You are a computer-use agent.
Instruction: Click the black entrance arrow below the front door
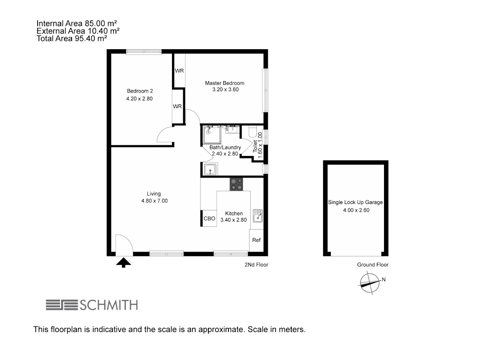[x=123, y=262]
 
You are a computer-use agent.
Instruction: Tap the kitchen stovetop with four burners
[x=236, y=184]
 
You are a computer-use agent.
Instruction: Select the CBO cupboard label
[x=209, y=218]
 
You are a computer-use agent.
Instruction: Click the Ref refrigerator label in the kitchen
[x=256, y=240]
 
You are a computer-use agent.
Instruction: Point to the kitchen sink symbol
[x=258, y=216]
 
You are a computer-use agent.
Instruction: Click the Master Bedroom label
[x=224, y=83]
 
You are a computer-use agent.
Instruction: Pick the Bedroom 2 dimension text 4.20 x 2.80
[x=139, y=98]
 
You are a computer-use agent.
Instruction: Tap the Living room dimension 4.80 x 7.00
[x=154, y=201]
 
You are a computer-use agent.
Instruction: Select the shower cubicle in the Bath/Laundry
[x=212, y=135]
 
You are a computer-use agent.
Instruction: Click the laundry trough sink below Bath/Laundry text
[x=210, y=169]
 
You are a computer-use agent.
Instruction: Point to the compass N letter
[x=384, y=279]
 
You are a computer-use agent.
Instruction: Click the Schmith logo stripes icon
[x=62, y=305]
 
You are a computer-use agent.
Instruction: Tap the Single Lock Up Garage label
[x=355, y=202]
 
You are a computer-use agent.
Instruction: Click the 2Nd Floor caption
[x=256, y=265]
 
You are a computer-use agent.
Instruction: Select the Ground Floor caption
[x=373, y=265]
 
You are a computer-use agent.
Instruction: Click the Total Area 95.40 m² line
[x=72, y=38]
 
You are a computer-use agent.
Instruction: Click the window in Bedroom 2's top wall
[x=144, y=52]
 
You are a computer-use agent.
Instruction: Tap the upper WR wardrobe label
[x=179, y=71]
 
